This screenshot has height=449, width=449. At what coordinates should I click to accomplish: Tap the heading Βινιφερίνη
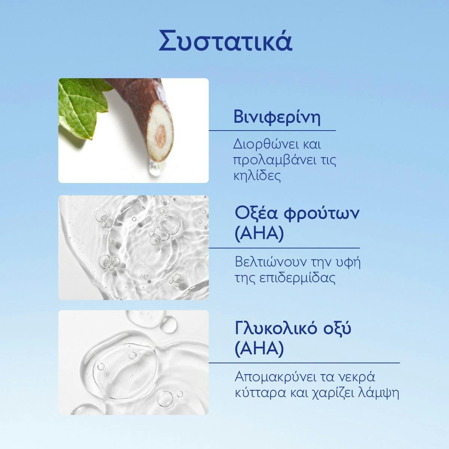[x=277, y=117]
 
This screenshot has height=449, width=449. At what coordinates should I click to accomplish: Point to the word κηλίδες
[x=257, y=176]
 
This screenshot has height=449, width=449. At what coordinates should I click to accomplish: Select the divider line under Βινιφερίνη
[x=272, y=131]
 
